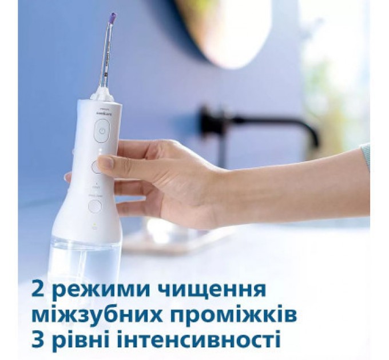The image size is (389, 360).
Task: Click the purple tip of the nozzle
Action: [x=113, y=18]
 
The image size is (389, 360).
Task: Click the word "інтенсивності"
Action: [x=196, y=342]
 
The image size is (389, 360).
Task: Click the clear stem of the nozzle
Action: [x=106, y=57]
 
